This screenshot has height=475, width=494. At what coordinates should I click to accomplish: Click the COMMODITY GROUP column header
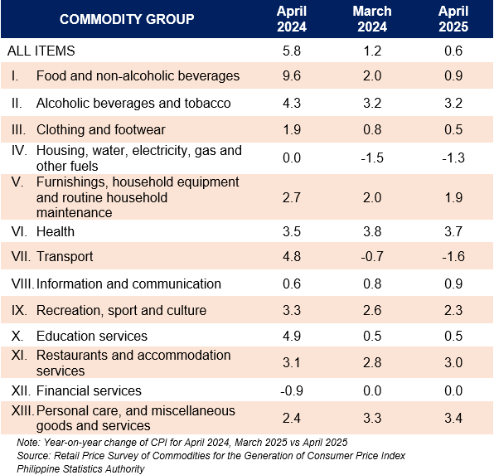pos(127,19)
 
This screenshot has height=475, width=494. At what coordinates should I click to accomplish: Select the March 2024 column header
pos(372,19)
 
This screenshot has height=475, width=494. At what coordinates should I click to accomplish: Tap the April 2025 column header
pos(453,19)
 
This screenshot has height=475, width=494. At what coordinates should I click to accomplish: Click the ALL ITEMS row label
pos(41,51)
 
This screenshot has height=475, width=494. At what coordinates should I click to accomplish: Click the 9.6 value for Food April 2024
pos(292,76)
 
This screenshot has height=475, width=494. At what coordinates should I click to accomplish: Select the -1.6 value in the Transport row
pos(453,256)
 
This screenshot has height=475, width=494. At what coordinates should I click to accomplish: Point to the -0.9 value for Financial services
pos(292,390)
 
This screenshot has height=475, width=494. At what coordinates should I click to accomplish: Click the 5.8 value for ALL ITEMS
pos(292,51)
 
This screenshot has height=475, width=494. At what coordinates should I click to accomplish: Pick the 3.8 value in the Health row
pos(372,231)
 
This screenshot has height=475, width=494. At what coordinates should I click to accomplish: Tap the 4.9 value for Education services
pos(292,336)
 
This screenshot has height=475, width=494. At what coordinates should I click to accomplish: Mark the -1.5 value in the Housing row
pos(372,158)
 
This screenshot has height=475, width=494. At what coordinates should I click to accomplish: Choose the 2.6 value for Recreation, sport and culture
pos(372,311)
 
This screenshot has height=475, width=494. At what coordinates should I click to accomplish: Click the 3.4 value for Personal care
pos(453,419)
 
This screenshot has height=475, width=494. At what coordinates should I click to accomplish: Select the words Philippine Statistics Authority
pos(80,469)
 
